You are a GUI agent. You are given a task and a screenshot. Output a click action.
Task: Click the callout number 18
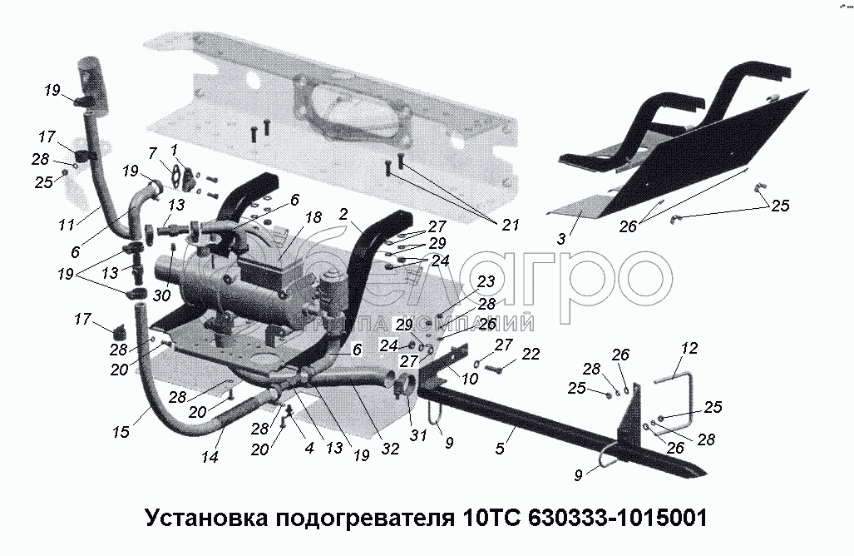313,217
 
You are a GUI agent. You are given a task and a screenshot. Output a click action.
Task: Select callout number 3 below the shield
562,238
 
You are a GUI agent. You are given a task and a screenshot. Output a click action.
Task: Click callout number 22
531,355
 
